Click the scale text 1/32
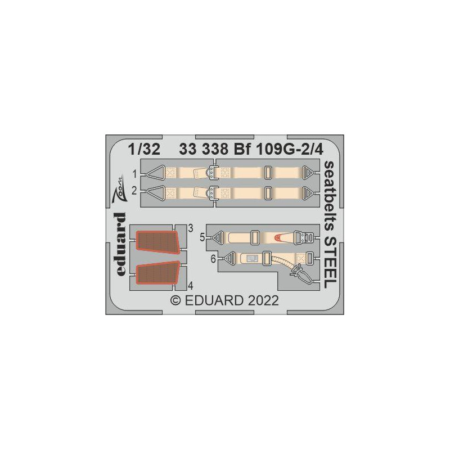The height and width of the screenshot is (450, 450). pyautogui.click(x=144, y=150)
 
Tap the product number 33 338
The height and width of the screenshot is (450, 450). pyautogui.click(x=204, y=150)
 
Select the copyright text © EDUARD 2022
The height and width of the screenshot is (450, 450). pyautogui.click(x=224, y=300)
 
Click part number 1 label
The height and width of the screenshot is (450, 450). pyautogui.click(x=134, y=174)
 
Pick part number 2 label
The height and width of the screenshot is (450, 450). pyautogui.click(x=134, y=191)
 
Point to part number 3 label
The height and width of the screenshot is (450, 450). pyautogui.click(x=191, y=228)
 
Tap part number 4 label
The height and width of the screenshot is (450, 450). pyautogui.click(x=191, y=286)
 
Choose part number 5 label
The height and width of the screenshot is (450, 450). pyautogui.click(x=202, y=237)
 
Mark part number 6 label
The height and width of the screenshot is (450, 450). pyautogui.click(x=213, y=259)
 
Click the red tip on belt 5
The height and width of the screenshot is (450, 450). pyautogui.click(x=278, y=237)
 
